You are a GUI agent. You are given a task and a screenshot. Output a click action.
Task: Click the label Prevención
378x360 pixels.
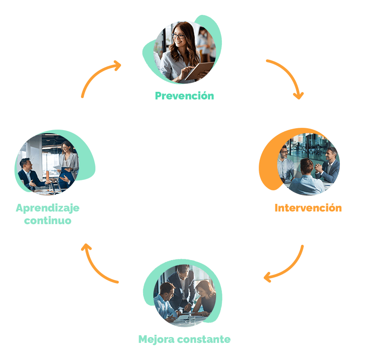click(x=184, y=96)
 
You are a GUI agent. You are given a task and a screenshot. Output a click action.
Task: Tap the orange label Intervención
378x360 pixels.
click(x=308, y=208)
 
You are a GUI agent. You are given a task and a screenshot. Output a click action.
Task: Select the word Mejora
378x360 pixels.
click(x=156, y=339)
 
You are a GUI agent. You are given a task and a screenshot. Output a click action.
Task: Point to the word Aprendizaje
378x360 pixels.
click(x=48, y=208)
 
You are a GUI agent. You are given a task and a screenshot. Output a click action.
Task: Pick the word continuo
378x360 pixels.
click(x=48, y=220)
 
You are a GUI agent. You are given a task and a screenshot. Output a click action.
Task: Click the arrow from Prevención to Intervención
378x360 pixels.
click(x=288, y=76)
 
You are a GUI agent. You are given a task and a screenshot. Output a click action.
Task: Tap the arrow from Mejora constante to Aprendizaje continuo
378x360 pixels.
click(x=97, y=265)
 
